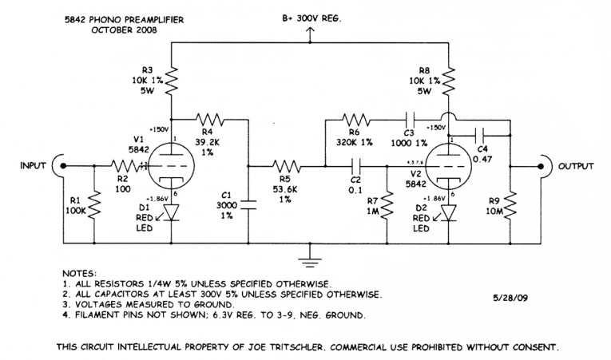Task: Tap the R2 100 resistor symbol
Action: tap(125, 166)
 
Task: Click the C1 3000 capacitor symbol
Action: tap(248, 203)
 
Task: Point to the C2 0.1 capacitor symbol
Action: tap(358, 166)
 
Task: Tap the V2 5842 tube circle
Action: tap(448, 166)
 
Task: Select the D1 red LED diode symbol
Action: tap(170, 212)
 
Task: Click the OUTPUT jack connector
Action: tap(544, 166)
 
